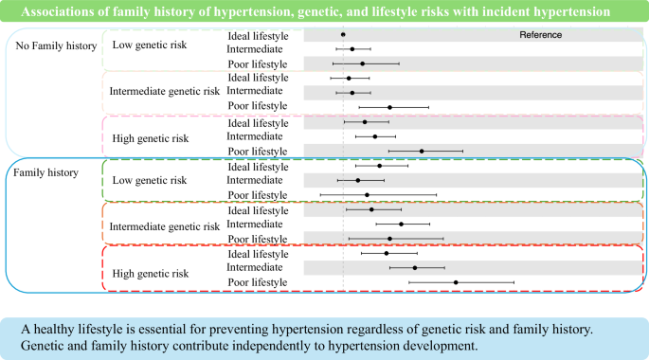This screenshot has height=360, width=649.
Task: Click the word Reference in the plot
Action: (x=541, y=35)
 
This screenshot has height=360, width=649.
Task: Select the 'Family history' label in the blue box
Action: (x=44, y=172)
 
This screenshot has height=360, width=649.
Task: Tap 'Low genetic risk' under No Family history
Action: (x=150, y=45)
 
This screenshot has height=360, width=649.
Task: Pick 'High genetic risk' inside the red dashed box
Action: (x=150, y=274)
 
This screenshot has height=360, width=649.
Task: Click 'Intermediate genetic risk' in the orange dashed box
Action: (x=164, y=226)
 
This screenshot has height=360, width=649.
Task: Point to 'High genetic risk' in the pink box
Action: (x=150, y=138)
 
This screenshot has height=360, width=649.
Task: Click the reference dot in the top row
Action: (x=343, y=34)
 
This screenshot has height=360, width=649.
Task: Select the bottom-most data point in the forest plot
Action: (x=456, y=282)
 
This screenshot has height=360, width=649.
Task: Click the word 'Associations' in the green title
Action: (x=57, y=12)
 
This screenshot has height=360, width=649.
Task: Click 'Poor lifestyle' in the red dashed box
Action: (x=258, y=282)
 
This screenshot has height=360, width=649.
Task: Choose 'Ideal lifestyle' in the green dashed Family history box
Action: (x=258, y=167)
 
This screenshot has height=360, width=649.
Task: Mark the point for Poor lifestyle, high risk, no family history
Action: (x=422, y=151)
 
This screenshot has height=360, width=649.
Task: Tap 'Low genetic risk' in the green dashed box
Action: (x=150, y=180)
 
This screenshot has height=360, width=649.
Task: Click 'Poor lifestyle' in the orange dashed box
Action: (x=258, y=239)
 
